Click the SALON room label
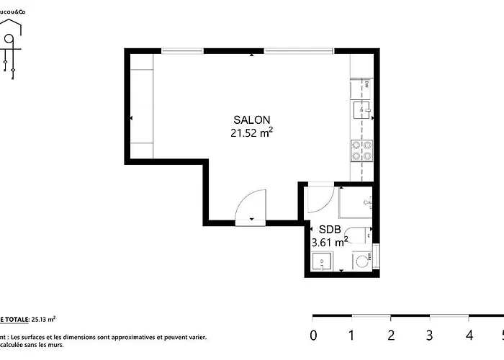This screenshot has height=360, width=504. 252,120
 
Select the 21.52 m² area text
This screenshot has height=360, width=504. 251,132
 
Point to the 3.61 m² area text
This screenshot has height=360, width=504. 330,243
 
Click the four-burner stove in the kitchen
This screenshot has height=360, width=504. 361,149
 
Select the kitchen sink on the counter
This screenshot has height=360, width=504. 361,109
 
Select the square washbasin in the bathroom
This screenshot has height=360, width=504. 322,261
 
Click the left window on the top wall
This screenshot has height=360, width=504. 183,50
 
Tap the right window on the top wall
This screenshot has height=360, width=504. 299,50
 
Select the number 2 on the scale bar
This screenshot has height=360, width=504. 391,335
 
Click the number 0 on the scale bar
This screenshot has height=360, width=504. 312,335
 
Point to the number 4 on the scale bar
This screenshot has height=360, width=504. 469,335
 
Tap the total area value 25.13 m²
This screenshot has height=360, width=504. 43,318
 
